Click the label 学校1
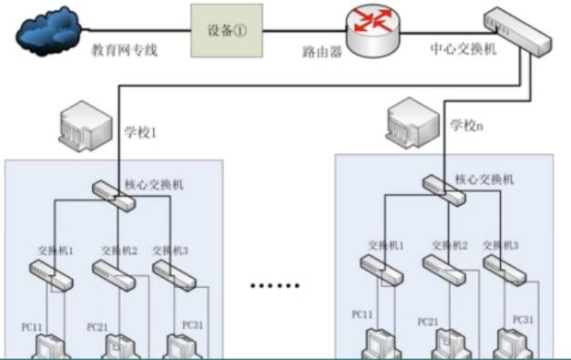pyautogui.click(x=140, y=132)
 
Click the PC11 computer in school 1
pyautogui.click(x=49, y=346)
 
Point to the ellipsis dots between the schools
pyautogui.click(x=275, y=285)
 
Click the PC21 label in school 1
pyautogui.click(x=98, y=326)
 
